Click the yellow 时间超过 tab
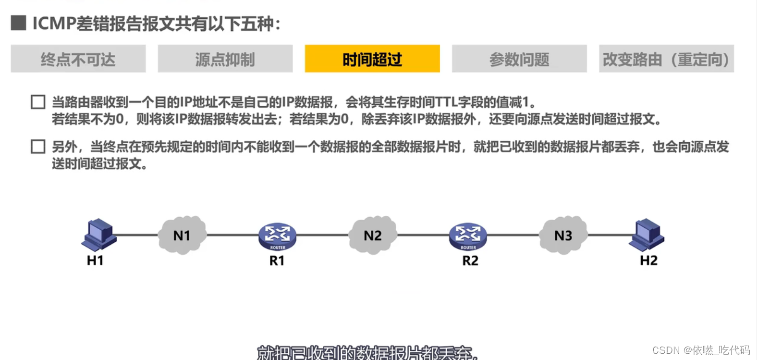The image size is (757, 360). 372,59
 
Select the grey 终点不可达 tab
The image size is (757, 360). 78,59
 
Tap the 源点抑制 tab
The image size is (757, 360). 225,59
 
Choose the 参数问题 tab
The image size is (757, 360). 519,59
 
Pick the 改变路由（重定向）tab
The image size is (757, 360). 666,59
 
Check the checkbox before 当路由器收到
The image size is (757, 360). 38,102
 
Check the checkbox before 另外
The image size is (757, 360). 38,147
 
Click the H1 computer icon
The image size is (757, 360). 99,235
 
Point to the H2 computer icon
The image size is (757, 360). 647,235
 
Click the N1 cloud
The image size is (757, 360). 182,235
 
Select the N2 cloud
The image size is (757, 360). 373,235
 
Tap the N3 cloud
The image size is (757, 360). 563,235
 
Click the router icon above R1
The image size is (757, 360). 277,236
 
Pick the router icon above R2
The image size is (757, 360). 468,236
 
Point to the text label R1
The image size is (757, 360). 277,261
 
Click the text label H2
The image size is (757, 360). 648,261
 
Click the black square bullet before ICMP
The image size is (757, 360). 18,23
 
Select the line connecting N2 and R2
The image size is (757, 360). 423,235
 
